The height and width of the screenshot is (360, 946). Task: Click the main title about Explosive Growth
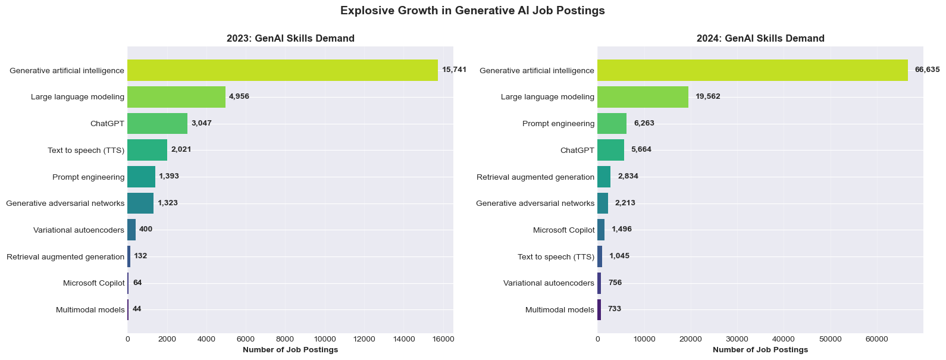coord(472,11)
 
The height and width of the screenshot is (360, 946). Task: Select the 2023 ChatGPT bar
coord(157,123)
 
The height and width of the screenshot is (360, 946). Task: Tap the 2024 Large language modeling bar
coord(643,96)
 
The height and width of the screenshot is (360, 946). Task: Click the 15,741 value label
coord(454,70)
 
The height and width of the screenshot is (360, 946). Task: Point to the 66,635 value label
coord(927,70)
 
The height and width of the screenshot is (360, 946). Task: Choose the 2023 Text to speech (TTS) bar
coord(147,150)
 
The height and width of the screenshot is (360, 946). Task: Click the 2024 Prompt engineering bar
coord(612,123)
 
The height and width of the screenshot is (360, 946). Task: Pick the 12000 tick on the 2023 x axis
coord(364,339)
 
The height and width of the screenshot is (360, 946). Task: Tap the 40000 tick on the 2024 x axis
coord(784,339)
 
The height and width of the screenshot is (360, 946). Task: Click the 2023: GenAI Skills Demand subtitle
coord(290,39)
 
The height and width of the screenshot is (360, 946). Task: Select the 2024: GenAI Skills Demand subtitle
coord(760,39)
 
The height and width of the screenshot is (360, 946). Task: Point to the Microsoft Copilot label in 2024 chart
coord(563,230)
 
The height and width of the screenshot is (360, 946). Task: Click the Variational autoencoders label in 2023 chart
coord(79,230)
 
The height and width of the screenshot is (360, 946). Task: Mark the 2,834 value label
coord(628,176)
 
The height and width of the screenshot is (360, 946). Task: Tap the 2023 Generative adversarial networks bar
coord(140,203)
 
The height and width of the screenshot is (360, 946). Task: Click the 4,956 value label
coord(239,96)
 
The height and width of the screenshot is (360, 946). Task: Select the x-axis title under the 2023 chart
coord(290,350)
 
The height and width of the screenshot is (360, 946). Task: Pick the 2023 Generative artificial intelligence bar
coord(283,70)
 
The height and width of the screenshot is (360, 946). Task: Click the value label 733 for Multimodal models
coord(614,309)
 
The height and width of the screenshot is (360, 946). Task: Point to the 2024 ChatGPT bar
coord(610,150)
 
